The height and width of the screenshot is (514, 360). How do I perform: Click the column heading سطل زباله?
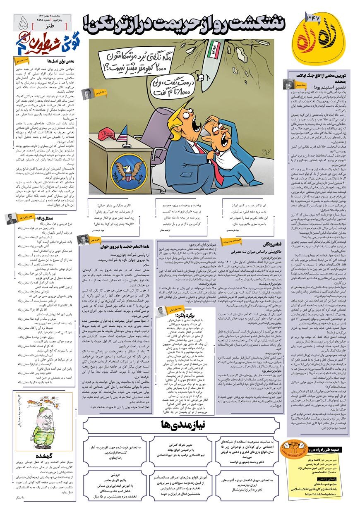click(36, 217)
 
